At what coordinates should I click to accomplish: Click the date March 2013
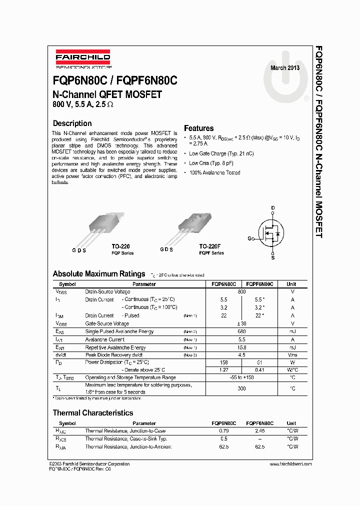[285, 67]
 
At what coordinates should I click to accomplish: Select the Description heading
[72, 123]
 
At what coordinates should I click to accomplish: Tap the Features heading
[198, 128]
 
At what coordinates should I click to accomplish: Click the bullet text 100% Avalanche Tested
[214, 172]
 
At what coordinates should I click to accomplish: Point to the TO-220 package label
[121, 246]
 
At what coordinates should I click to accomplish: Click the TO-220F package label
[210, 246]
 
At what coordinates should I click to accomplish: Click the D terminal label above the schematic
[273, 207]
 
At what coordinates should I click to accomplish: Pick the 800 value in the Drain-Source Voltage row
[241, 291]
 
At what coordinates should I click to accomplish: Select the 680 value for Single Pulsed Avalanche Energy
[241, 331]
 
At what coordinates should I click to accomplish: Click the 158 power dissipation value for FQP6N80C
[223, 361]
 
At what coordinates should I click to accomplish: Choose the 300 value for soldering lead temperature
[241, 388]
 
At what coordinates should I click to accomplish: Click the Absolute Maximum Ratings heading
[99, 274]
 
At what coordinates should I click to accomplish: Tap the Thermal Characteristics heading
[93, 413]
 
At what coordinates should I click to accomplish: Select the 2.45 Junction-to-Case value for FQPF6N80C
[259, 430]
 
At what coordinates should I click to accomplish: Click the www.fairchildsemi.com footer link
[290, 464]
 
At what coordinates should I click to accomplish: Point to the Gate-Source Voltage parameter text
[107, 323]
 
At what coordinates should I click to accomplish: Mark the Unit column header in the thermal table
[291, 423]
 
